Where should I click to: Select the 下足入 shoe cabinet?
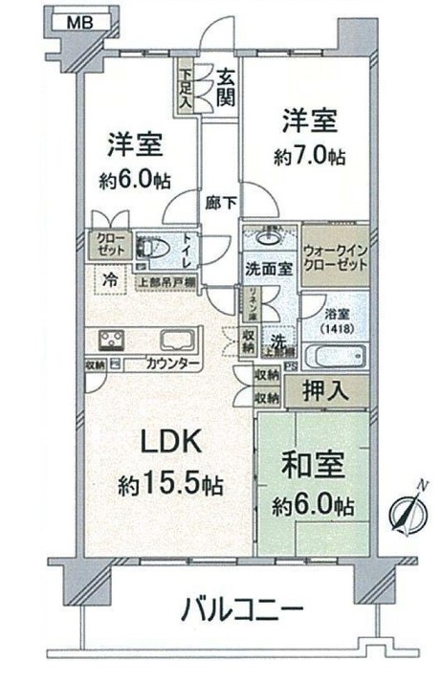point(185,85)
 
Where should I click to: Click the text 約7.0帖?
point(306,156)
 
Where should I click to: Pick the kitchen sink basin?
point(176,340)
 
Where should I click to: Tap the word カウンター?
point(173,364)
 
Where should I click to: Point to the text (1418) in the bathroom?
point(335,326)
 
